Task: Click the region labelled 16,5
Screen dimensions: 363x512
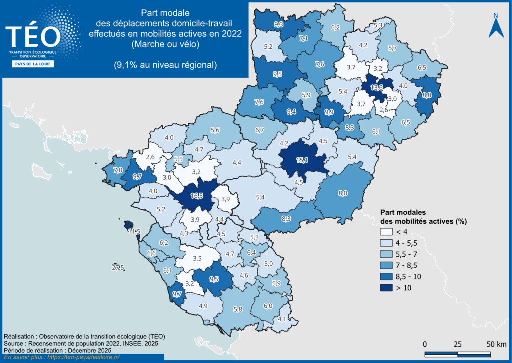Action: (x=197, y=195)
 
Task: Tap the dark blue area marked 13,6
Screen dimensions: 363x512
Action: (x=377, y=87)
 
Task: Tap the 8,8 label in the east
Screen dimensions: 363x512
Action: (x=427, y=95)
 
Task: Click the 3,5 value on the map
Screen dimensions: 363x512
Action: (x=197, y=258)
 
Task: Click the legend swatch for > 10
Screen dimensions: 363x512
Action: (x=386, y=288)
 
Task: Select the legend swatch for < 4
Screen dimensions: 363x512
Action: (x=386, y=232)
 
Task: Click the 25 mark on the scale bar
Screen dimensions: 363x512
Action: (x=457, y=344)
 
